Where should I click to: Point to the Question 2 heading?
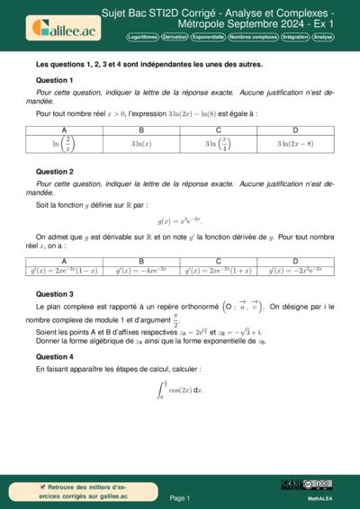pos(54,171)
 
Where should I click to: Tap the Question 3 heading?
pos(54,294)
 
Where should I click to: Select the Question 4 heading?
pos(54,356)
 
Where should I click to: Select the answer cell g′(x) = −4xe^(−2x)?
pos(142,270)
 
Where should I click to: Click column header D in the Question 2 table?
pos(295,262)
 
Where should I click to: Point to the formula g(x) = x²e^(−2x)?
pos(180,220)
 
